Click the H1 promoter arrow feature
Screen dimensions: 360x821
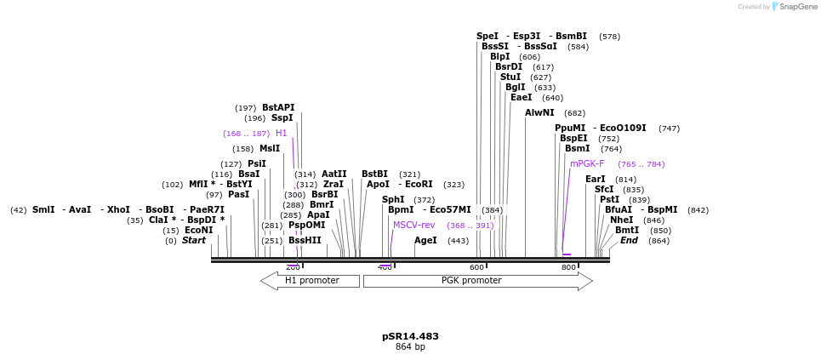pyautogui.click(x=311, y=281)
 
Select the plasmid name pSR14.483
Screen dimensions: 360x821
pyautogui.click(x=410, y=336)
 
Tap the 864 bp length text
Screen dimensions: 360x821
pyautogui.click(x=410, y=347)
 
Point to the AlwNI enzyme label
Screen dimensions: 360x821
pyautogui.click(x=539, y=113)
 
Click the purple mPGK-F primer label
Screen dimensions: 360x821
pyautogui.click(x=587, y=163)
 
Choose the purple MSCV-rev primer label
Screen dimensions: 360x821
pyautogui.click(x=413, y=225)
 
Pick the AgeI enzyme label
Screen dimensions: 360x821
pyautogui.click(x=425, y=241)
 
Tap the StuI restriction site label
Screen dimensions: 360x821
pyautogui.click(x=510, y=77)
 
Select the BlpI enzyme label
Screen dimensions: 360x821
pyautogui.click(x=500, y=57)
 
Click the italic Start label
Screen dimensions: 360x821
pyautogui.click(x=194, y=241)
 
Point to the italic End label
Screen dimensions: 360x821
pyautogui.click(x=629, y=241)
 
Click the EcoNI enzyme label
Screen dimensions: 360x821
pyautogui.click(x=199, y=231)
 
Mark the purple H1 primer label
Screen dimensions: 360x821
pyautogui.click(x=282, y=134)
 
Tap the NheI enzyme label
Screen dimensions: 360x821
pyautogui.click(x=622, y=220)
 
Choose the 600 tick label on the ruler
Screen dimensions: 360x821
pyautogui.click(x=476, y=267)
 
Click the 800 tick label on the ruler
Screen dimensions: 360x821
pyautogui.click(x=568, y=267)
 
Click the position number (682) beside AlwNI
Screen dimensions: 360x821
pyautogui.click(x=574, y=113)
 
